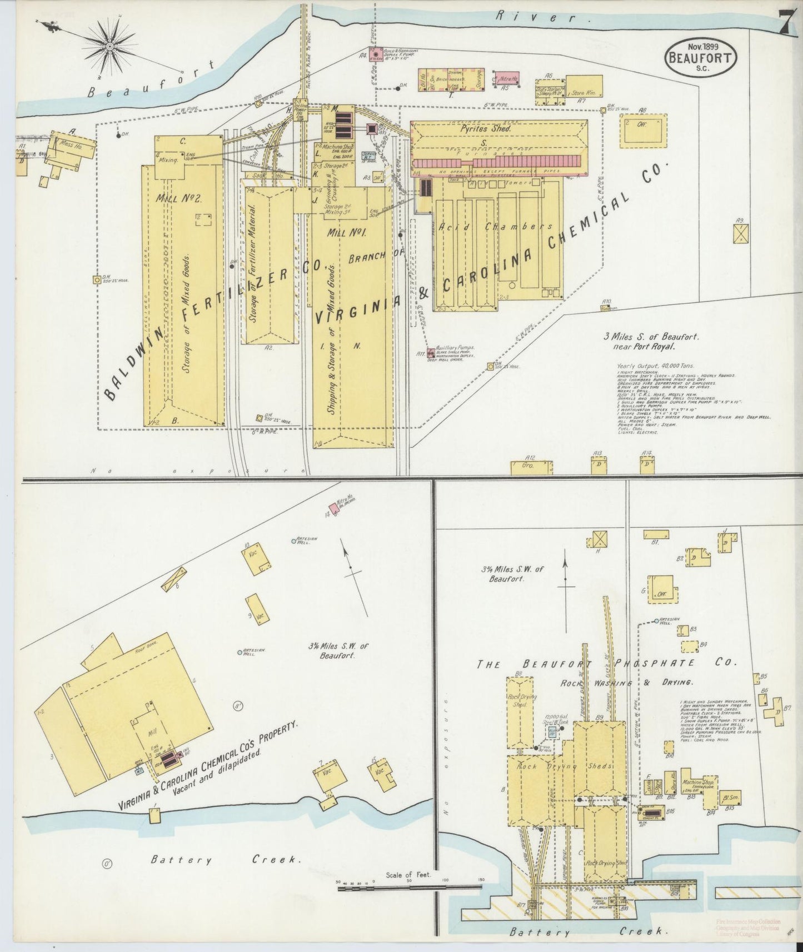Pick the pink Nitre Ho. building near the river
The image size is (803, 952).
click(507, 79)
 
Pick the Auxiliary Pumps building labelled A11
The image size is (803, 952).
click(431, 352)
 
